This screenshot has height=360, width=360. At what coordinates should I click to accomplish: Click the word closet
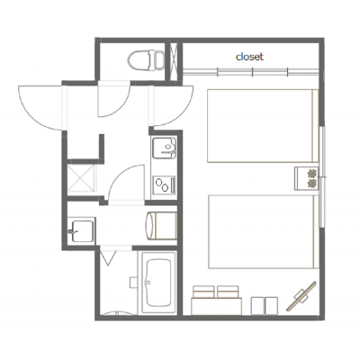[249, 57]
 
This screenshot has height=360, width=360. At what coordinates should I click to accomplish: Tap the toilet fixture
[147, 59]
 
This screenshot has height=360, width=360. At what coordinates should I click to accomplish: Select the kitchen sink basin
[164, 148]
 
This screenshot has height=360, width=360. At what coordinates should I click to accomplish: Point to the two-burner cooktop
[165, 184]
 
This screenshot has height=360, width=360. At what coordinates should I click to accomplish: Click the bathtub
[158, 283]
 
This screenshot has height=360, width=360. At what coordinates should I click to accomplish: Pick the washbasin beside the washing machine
[82, 230]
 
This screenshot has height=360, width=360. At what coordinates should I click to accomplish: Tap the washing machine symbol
[161, 226]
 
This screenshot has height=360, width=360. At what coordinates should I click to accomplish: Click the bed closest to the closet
[263, 126]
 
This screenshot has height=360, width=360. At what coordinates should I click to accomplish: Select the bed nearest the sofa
[264, 231]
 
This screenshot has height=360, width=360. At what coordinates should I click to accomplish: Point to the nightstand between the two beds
[306, 178]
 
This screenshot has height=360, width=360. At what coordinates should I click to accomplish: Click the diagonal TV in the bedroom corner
[301, 295]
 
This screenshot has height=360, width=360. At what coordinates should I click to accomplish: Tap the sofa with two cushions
[216, 301]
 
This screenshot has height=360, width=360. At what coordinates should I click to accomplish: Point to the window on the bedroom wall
[321, 177]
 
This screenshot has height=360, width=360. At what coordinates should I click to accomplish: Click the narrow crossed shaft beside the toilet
[174, 62]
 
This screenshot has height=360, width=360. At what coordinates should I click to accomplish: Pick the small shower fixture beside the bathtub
[133, 283]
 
